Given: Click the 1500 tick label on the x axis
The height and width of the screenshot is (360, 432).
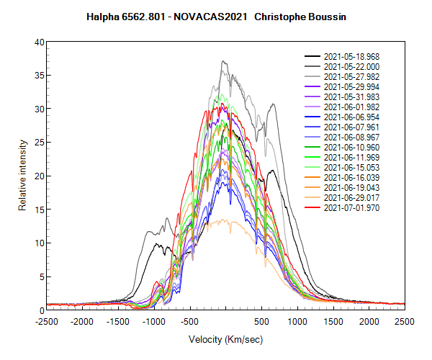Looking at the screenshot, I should pyautogui.click(x=333, y=321).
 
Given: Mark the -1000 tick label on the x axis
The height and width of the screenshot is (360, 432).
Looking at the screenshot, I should pyautogui.click(x=154, y=321).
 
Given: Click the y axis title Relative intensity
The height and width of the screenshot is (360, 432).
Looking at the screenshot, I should pyautogui.click(x=22, y=176).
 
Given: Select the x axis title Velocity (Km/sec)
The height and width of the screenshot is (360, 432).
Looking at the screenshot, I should pyautogui.click(x=225, y=338).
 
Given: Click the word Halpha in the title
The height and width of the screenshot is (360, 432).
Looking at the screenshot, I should pyautogui.click(x=105, y=15).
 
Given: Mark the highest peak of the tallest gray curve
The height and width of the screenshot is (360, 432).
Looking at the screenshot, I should pyautogui.click(x=223, y=61).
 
